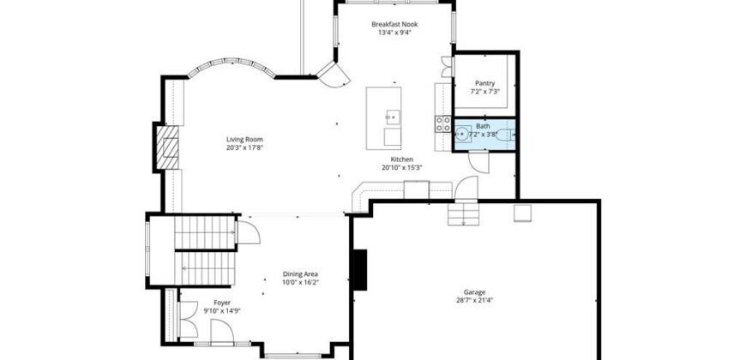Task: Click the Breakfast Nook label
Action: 394,24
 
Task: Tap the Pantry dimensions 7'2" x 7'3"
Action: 484,92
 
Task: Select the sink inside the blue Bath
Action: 461,135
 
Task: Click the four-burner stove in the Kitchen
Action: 443,123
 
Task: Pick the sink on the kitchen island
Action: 393,117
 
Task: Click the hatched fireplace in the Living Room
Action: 167,147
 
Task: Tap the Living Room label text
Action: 244,140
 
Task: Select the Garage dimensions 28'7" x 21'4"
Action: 474,300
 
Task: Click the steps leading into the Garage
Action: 462,213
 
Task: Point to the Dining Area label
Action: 300,274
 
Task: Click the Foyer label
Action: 222,303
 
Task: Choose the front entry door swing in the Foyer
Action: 222,331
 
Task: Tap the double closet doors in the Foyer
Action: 188,319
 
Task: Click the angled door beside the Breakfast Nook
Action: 334,75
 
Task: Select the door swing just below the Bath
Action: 478,162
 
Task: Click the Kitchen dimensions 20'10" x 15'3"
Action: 402,167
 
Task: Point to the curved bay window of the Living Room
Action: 232,66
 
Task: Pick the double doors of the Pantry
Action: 447,67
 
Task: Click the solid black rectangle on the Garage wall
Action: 359,270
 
